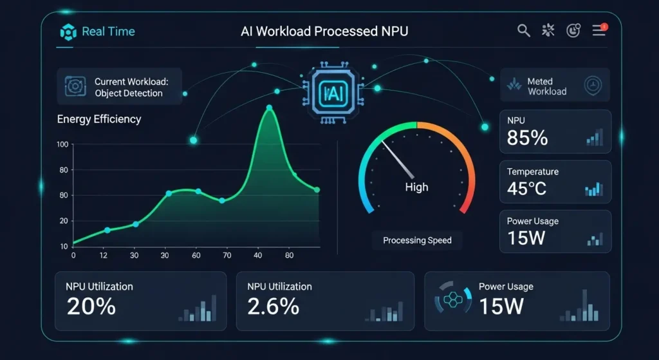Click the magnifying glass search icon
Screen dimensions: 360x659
tap(523, 30)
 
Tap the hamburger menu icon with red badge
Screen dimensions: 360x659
tap(599, 30)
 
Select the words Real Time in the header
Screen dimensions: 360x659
tap(108, 32)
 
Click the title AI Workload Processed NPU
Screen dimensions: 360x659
tap(324, 32)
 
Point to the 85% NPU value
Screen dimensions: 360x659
tap(527, 137)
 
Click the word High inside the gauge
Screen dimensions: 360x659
tap(416, 187)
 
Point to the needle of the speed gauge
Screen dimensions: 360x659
tap(398, 160)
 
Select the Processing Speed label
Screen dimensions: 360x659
tap(417, 240)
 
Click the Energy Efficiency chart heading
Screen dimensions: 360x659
tap(99, 119)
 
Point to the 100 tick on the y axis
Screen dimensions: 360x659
tap(62, 144)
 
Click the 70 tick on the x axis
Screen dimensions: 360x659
tap(227, 256)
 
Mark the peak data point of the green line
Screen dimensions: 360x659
tap(269, 108)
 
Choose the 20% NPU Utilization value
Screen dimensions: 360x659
tap(91, 306)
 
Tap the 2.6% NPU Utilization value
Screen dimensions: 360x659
tap(273, 306)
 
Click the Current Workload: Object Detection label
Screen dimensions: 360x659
tap(131, 88)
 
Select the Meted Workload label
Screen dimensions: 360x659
tap(546, 86)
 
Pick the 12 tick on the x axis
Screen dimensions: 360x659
tap(103, 256)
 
